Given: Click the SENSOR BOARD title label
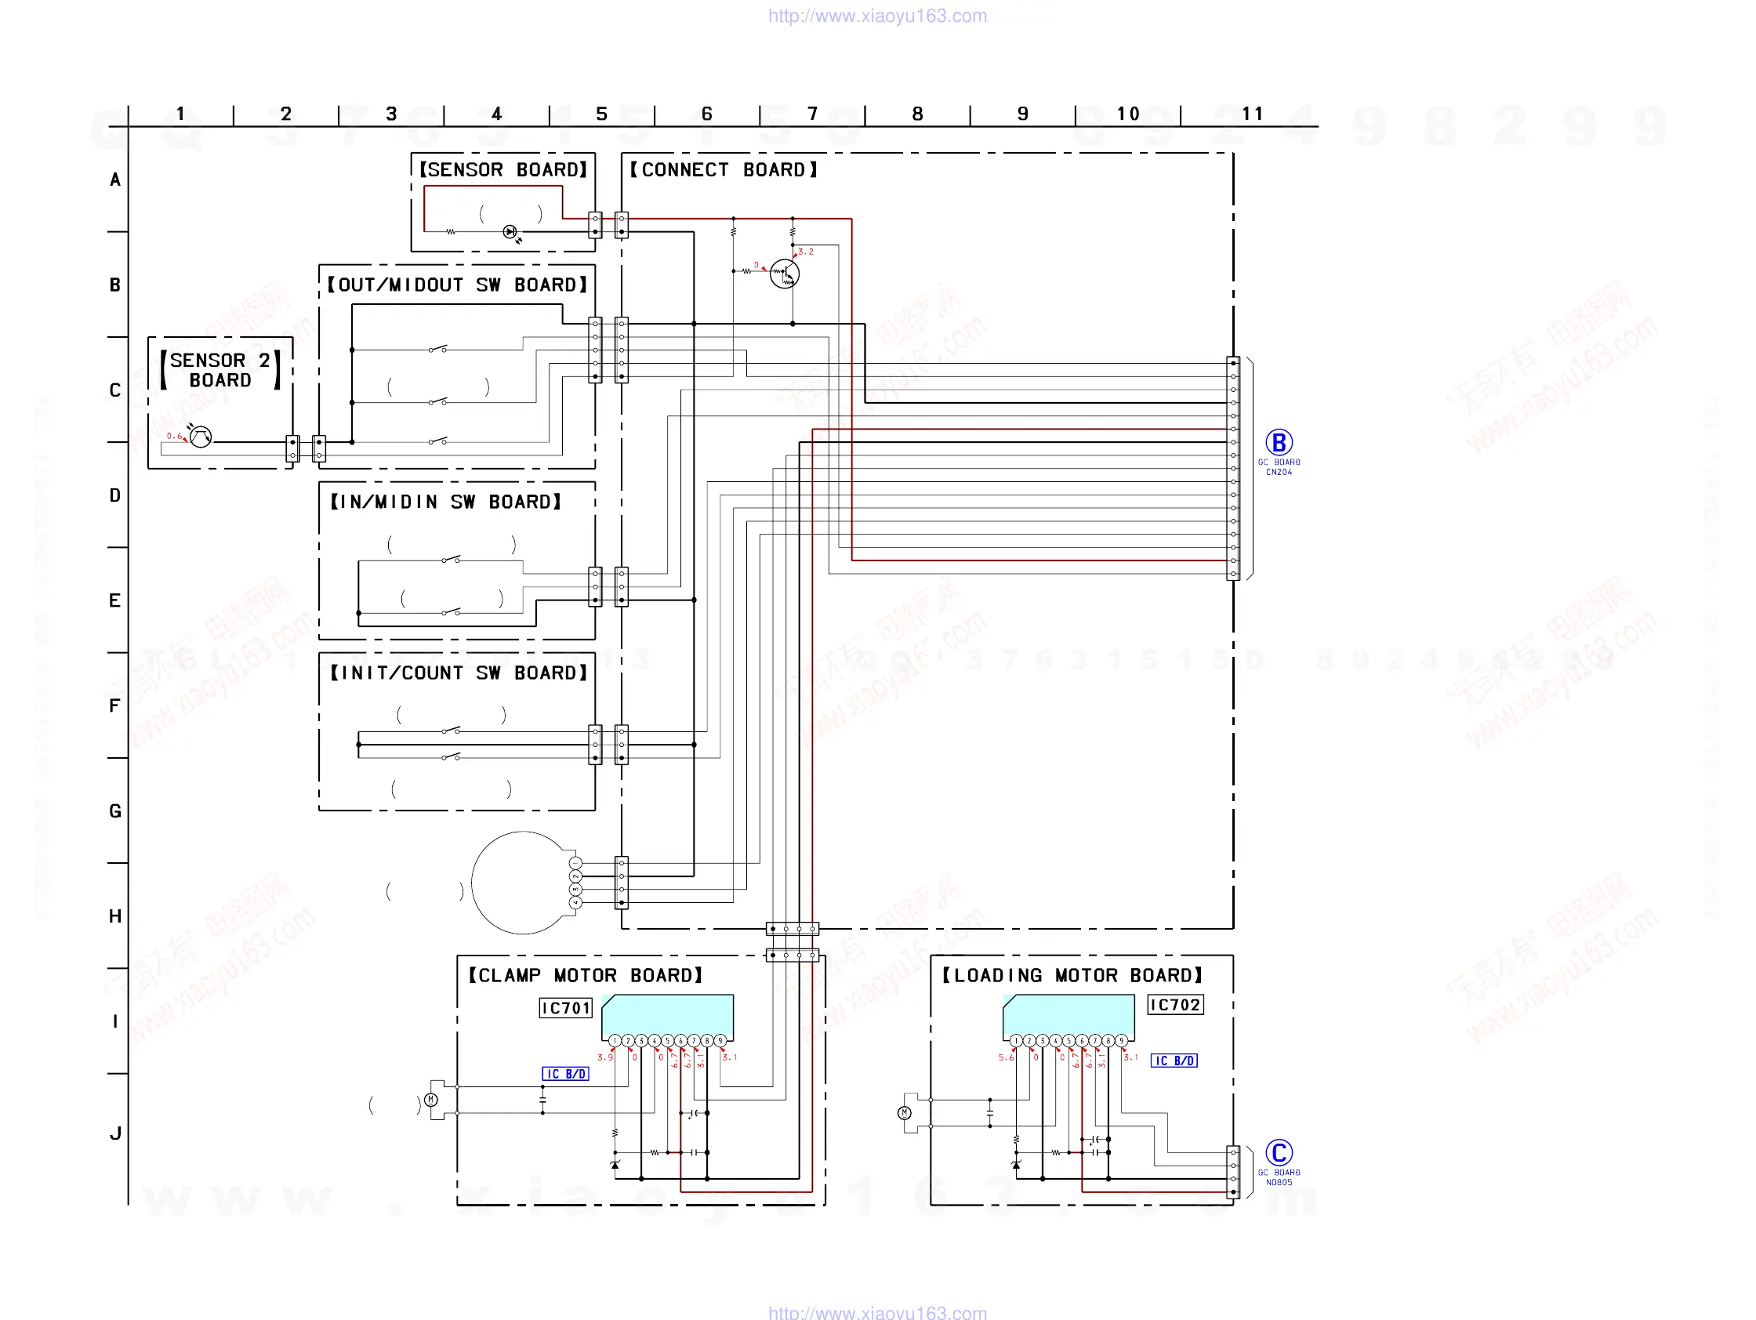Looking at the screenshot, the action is [x=502, y=170].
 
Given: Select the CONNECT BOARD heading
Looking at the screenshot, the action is [x=723, y=170].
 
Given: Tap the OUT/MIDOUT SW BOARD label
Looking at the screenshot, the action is [x=457, y=285].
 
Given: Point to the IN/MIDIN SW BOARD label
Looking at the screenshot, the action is [x=445, y=502].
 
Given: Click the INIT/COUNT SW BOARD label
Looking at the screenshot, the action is [x=458, y=673].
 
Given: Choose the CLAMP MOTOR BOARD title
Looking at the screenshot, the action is [x=585, y=976].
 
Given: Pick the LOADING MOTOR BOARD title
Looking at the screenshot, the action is [x=1072, y=976].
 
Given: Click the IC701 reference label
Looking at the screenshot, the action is [x=565, y=1008].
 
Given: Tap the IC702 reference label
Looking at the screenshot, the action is [x=1175, y=1005].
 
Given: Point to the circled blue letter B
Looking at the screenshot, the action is [x=1278, y=442].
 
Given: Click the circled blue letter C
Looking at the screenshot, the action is [x=1278, y=1152].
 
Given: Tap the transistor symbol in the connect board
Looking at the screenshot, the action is [x=785, y=274].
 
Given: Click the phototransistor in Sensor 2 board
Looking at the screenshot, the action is [x=201, y=437].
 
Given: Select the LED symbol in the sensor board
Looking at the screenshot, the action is [x=510, y=232].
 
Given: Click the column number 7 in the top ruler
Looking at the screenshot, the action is [x=812, y=114].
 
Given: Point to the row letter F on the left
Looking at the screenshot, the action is [x=115, y=705].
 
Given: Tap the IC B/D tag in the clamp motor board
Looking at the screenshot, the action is [x=565, y=1074].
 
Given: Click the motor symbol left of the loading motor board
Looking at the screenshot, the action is [x=904, y=1113].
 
